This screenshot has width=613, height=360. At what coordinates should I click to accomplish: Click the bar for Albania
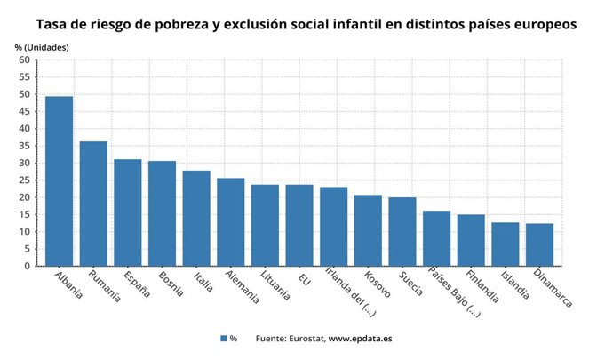click(x=59, y=181)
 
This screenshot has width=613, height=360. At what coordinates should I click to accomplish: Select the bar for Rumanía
click(x=93, y=204)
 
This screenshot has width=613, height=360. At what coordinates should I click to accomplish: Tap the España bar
click(x=128, y=212)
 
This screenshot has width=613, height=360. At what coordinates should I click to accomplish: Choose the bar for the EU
click(x=299, y=225)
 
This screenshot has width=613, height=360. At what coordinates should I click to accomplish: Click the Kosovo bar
click(x=368, y=230)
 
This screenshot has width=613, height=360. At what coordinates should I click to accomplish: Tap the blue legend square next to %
click(x=223, y=339)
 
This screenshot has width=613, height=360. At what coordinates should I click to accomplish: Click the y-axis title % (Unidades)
click(x=42, y=45)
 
